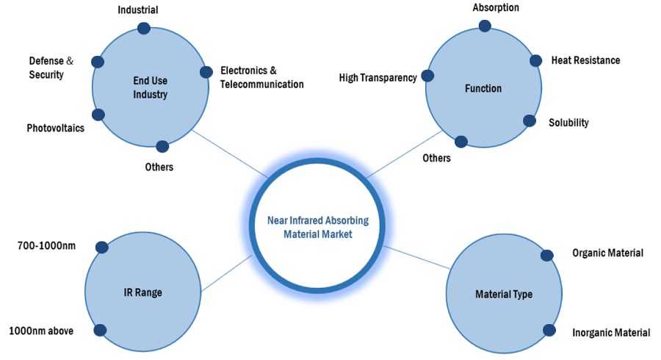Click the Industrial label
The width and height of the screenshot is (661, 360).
pos(137,10)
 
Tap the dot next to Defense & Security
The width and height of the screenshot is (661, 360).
pos(96,61)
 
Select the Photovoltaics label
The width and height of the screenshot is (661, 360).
pos(56,128)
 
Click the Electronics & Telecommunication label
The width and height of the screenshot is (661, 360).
pos(261,77)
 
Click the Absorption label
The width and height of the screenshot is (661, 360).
pos(496,7)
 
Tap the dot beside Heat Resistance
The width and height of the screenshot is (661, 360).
pos(535,60)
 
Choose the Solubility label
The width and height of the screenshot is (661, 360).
pos(568,123)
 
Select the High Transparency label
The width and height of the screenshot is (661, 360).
pos(378,77)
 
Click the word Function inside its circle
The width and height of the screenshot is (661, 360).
pos(483,88)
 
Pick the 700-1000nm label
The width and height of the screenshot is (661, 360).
pos(47,245)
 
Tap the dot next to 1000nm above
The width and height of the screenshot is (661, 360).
pos(100,331)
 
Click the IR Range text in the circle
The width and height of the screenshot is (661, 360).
pos(143,292)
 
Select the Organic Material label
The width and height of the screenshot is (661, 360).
pos(607,253)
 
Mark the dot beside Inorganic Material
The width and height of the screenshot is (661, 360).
pos(548,331)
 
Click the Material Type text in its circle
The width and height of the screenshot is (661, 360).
pos(504,294)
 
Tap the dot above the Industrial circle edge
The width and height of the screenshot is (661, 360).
pos(144,28)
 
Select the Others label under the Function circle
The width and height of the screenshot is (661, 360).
pos(436,157)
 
